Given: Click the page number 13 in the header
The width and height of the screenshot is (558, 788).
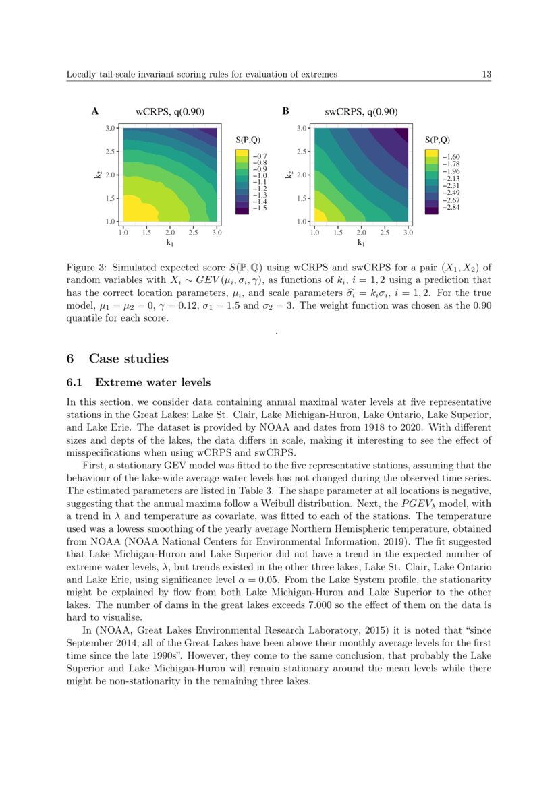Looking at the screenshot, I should point(486,74).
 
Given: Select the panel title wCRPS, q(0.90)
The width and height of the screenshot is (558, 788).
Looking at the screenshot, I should point(170,112).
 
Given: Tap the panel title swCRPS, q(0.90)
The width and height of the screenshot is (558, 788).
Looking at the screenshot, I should point(361,112).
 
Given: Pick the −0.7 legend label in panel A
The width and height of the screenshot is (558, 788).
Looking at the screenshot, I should point(259,156).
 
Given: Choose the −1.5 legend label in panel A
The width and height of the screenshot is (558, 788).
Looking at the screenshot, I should point(259,209).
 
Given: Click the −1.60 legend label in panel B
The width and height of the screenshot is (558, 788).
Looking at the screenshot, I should point(451,156).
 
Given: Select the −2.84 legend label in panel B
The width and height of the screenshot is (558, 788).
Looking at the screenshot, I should point(451,208).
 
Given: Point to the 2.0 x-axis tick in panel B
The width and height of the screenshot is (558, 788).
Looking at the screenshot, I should point(361,232).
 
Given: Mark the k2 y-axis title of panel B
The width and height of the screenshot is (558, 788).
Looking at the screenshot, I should point(289,174).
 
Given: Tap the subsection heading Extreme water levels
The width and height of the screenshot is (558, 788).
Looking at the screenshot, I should point(153,383).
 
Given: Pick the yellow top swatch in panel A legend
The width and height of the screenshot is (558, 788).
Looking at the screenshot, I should point(242,154).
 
